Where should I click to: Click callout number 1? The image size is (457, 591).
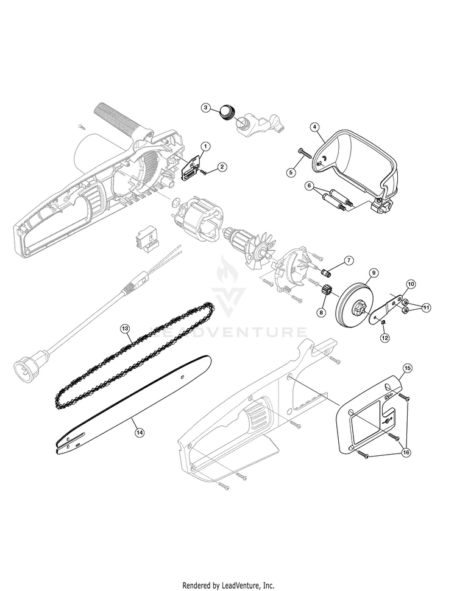205,146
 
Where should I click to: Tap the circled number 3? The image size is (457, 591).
205,107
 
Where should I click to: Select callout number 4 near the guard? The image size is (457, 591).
315,127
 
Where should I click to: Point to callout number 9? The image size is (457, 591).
373,272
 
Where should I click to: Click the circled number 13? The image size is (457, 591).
125,329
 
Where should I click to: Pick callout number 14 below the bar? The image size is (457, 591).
140,433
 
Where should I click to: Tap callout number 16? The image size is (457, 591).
406,453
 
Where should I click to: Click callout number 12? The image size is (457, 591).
384,338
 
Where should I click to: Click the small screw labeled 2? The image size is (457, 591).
204,172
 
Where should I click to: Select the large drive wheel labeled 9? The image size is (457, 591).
352,301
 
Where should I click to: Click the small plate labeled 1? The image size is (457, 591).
191,169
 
